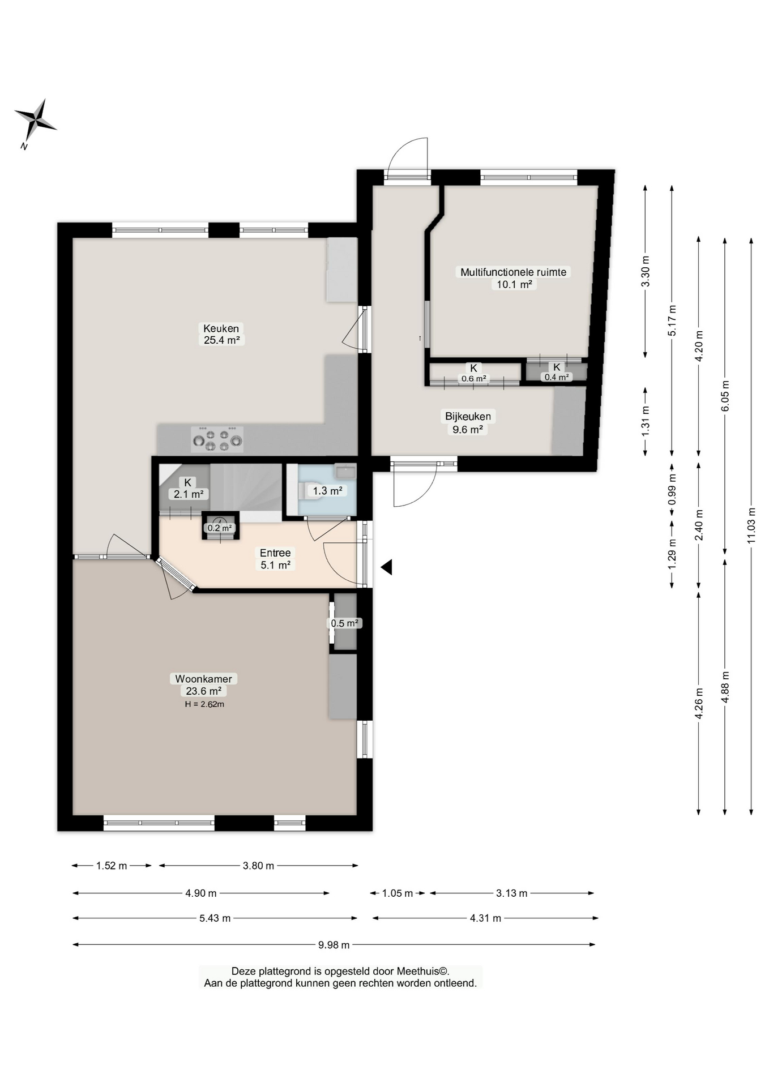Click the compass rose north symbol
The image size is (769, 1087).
[x=35, y=121]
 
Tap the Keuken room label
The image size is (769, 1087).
[x=221, y=328]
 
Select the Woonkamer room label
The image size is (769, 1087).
[x=203, y=679]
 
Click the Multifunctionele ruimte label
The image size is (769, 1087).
[x=513, y=272]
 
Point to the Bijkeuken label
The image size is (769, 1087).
[x=468, y=417]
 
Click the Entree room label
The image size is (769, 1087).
[x=275, y=553]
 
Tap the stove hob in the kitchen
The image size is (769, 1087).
[x=217, y=439]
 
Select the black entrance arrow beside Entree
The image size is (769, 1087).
[x=386, y=567]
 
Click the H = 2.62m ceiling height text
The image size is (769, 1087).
[x=204, y=704]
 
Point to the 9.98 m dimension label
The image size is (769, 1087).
[x=334, y=945]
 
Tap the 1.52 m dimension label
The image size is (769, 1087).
[x=112, y=866]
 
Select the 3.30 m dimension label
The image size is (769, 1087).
[x=645, y=272]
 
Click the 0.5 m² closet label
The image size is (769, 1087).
[x=345, y=623]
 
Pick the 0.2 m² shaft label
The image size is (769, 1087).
[x=220, y=528]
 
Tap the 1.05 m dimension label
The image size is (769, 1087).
[x=398, y=893]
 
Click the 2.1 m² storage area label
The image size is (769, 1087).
[x=189, y=494]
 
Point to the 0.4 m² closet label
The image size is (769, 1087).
[x=557, y=377]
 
